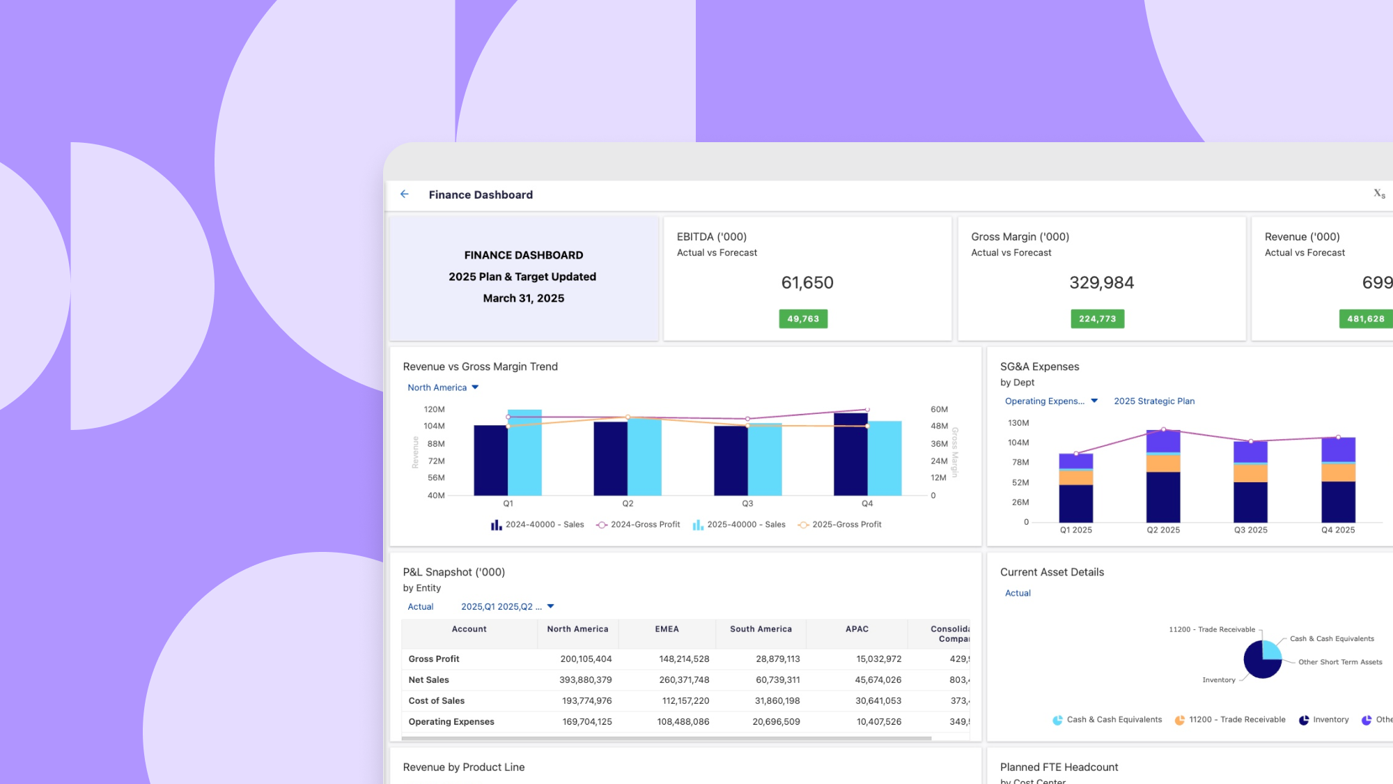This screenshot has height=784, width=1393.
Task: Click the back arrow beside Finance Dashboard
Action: (x=405, y=194)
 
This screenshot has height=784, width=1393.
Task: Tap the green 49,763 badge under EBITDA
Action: (x=803, y=318)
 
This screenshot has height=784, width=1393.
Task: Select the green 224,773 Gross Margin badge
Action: (x=1097, y=318)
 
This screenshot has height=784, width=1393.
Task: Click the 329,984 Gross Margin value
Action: (x=1101, y=282)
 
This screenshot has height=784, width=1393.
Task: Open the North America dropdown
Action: (x=443, y=387)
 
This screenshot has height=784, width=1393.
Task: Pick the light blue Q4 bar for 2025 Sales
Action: (x=885, y=458)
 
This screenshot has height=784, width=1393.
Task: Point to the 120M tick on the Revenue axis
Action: (x=434, y=409)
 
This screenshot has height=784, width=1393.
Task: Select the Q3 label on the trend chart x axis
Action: (x=747, y=503)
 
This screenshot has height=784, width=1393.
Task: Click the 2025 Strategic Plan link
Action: (x=1154, y=401)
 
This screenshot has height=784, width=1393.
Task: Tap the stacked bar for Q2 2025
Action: (x=1163, y=477)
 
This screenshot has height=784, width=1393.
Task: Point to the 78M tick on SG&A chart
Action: (x=1020, y=462)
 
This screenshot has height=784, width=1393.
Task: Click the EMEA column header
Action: (x=667, y=629)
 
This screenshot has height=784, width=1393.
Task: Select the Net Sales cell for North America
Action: (x=585, y=679)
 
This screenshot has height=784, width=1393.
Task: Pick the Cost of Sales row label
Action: (x=437, y=700)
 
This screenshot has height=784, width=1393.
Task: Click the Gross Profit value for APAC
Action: (x=878, y=659)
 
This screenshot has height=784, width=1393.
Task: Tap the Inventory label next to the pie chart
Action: (x=1218, y=680)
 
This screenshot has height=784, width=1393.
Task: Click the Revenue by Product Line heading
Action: (x=464, y=767)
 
